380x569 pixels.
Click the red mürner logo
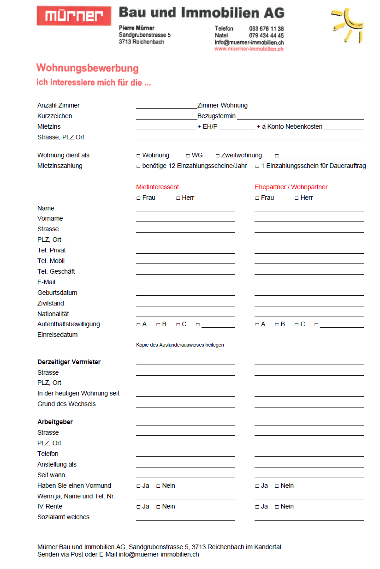point(74,16)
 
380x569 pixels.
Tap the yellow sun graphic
point(347,25)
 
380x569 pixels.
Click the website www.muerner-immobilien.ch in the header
point(249,49)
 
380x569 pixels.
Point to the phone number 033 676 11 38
point(267,29)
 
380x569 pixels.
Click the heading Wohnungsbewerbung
point(87,69)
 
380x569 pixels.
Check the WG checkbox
point(188,156)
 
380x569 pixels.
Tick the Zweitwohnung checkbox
point(218,156)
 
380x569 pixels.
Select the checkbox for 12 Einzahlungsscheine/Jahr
point(138,166)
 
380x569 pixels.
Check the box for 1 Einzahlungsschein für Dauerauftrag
point(257,166)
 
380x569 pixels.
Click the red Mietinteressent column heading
point(157,187)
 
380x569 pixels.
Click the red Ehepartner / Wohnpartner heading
point(291,187)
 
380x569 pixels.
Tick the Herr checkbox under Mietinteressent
point(178,198)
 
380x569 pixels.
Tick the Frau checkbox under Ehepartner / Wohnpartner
point(257,198)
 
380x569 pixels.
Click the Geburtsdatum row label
point(57,293)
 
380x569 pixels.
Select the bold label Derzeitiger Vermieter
point(69,362)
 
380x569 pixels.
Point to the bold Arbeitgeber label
point(55,422)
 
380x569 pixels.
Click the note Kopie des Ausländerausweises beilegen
point(180,345)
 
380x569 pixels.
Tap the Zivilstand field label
point(51,303)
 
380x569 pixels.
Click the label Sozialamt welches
point(63,517)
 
